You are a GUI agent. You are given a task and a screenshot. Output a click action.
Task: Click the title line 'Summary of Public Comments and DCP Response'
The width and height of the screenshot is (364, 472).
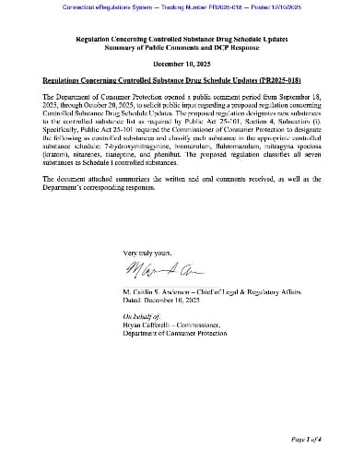pyautogui.click(x=181, y=48)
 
